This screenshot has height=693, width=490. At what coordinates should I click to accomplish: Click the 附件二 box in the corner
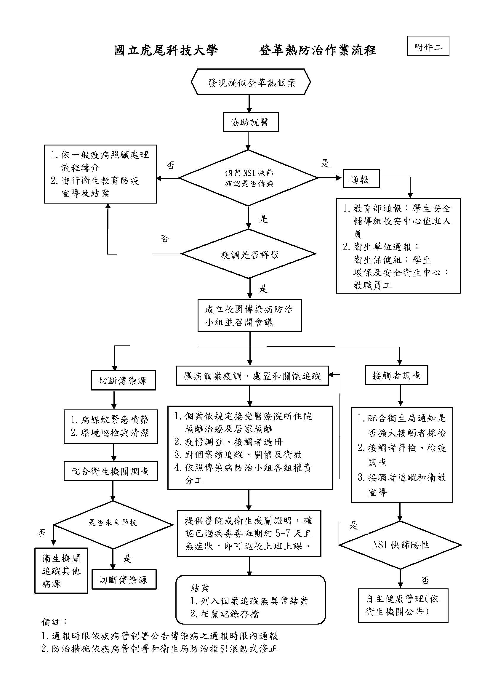428,46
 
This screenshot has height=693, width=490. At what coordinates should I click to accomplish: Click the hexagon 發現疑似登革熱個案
251,82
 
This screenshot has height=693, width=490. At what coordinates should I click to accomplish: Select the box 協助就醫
250,122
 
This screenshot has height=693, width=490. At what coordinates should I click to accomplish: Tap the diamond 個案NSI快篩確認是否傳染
248,178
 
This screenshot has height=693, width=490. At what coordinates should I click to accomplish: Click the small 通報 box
361,179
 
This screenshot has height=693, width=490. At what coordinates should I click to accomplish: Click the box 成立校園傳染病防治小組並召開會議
249,316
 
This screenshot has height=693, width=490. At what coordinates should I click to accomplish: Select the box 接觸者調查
396,375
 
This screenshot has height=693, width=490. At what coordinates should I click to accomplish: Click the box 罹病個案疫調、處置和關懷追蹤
252,376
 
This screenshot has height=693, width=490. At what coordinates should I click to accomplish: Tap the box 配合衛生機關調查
111,471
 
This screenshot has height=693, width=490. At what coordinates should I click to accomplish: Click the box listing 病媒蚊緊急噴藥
111,426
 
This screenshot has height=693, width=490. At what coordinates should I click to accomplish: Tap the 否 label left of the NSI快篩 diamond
170,165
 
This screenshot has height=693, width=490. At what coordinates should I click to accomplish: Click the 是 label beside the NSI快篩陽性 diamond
354,526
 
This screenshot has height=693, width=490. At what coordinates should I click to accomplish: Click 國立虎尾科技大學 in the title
166,50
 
